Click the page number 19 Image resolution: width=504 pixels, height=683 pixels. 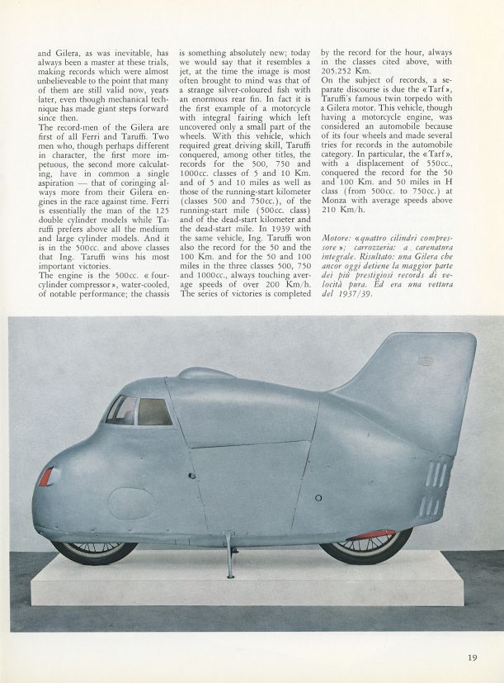click(x=472, y=657)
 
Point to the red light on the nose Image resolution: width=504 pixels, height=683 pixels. click(x=46, y=476)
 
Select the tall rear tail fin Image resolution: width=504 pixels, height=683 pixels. click(x=412, y=388)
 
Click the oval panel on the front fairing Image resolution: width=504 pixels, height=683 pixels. click(x=132, y=502)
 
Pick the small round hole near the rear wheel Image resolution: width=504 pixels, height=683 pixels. click(x=318, y=498)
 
